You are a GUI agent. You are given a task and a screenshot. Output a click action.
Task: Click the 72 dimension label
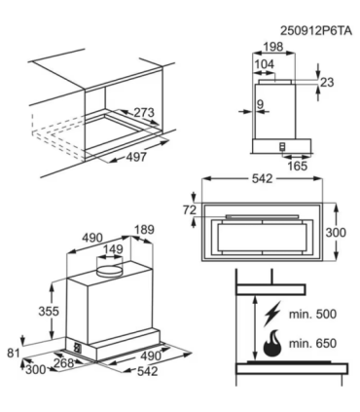[190, 208]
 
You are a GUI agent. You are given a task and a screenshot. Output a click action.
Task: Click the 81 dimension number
[12, 353]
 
